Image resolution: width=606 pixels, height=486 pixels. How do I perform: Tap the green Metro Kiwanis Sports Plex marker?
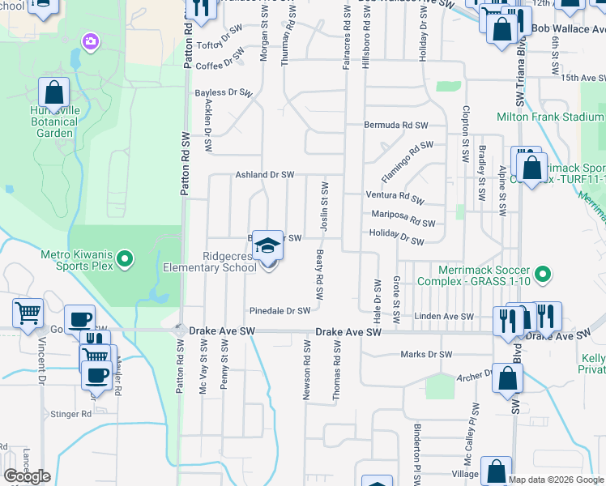click(124, 260)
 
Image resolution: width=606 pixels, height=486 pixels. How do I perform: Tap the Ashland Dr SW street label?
click(264, 174)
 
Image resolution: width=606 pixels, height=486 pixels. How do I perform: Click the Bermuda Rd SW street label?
click(395, 126)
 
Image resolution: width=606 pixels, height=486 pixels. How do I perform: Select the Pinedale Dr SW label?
click(280, 310)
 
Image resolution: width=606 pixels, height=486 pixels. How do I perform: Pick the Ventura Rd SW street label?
click(395, 197)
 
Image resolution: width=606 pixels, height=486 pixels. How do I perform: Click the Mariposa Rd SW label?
click(403, 219)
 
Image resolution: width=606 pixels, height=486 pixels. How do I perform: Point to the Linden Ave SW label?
click(443, 316)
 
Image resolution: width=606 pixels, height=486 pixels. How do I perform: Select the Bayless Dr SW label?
click(224, 93)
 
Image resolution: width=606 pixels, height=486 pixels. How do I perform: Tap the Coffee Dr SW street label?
click(220, 66)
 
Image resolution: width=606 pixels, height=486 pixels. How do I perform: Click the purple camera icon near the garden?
click(90, 40)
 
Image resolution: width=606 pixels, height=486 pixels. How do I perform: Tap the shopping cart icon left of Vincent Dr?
click(28, 313)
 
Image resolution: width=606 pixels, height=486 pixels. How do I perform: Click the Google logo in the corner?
click(27, 476)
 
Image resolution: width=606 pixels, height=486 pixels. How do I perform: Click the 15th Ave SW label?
click(583, 78)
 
